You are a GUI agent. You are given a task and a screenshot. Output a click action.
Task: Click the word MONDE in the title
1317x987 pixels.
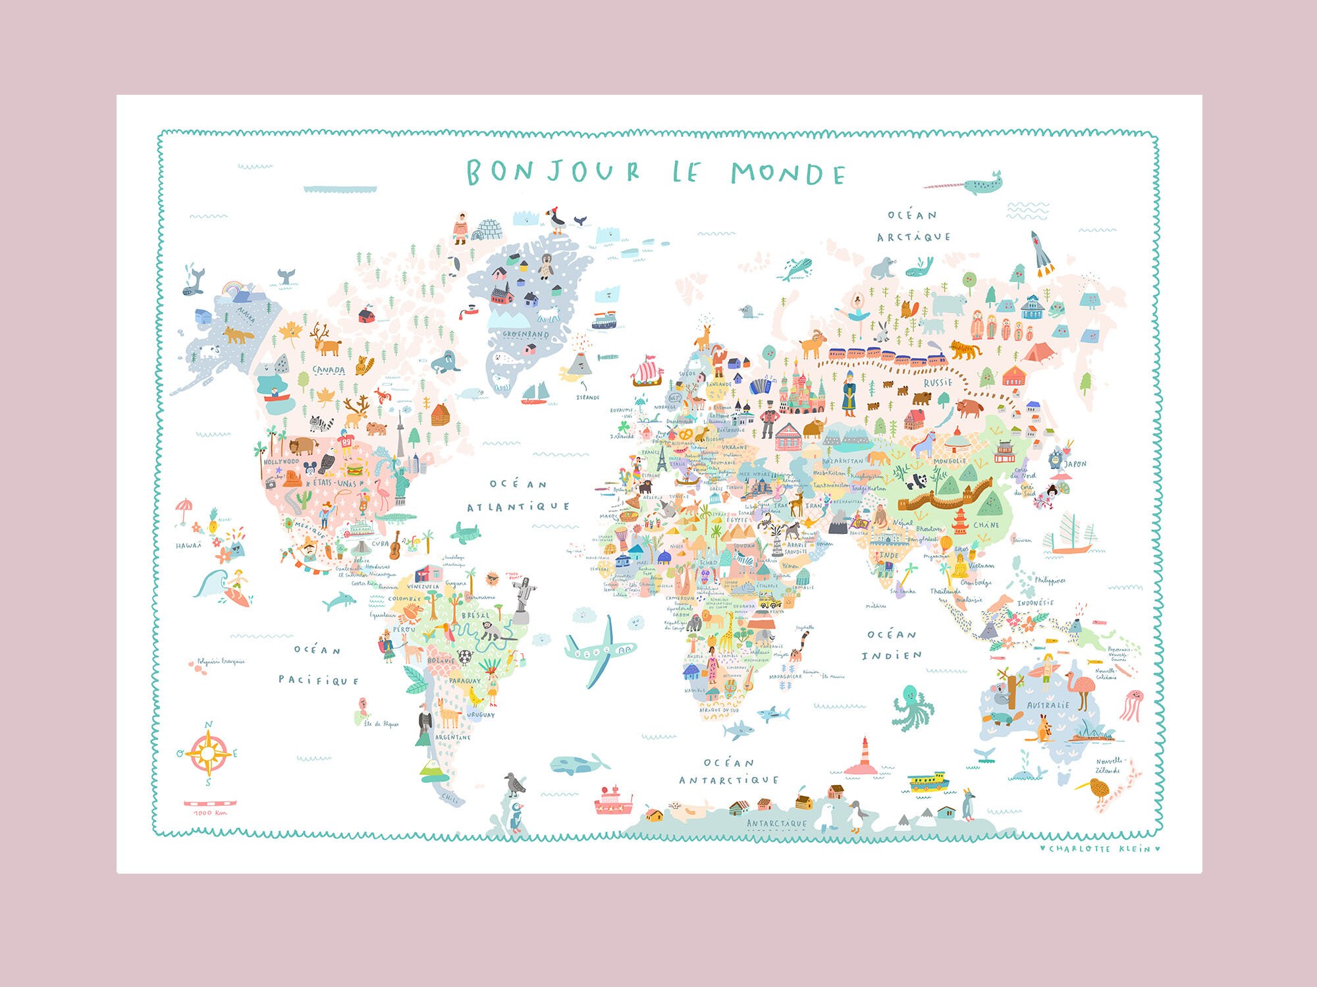coord(788,173)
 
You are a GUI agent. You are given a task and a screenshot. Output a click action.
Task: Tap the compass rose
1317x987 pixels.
coord(208,753)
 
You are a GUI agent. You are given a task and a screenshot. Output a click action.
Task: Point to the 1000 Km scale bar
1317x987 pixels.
coord(209,803)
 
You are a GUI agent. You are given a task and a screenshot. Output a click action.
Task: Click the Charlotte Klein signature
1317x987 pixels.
coord(1099,849)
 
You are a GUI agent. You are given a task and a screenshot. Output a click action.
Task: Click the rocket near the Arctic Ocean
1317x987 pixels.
coord(1041,253)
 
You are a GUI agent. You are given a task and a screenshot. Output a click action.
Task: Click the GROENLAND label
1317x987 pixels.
coord(525,334)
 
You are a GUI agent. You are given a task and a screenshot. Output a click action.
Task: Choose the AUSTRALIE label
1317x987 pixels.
coord(1048,705)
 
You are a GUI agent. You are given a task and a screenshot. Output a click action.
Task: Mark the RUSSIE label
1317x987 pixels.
coord(938,382)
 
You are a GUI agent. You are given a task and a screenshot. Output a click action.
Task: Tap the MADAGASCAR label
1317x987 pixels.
coord(786,676)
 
